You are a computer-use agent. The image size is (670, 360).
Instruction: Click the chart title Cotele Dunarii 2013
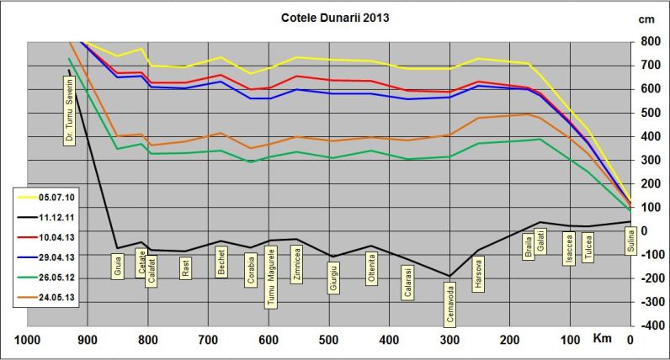(334, 17)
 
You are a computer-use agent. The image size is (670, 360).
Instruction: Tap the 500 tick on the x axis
(328, 340)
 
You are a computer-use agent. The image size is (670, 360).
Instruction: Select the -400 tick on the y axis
(650, 325)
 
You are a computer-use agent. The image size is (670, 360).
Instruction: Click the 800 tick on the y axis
(650, 41)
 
